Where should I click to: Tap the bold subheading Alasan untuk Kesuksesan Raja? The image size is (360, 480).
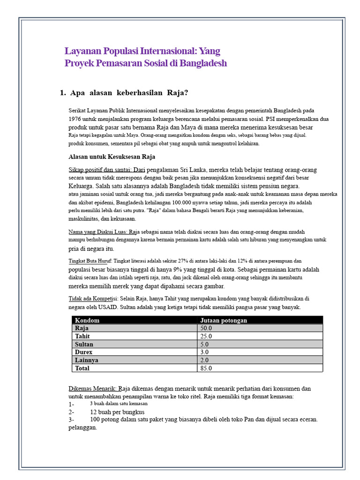(x=112, y=157)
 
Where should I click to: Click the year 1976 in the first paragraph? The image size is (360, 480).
(x=76, y=119)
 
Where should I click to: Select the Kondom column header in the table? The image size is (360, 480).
(x=87, y=320)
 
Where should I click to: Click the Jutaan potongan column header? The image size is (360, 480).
(x=224, y=320)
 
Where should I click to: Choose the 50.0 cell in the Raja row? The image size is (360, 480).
(x=206, y=328)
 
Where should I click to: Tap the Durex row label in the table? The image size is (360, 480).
(x=83, y=352)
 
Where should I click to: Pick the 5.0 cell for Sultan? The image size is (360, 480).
(x=205, y=344)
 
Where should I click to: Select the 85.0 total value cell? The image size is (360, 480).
(x=206, y=368)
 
